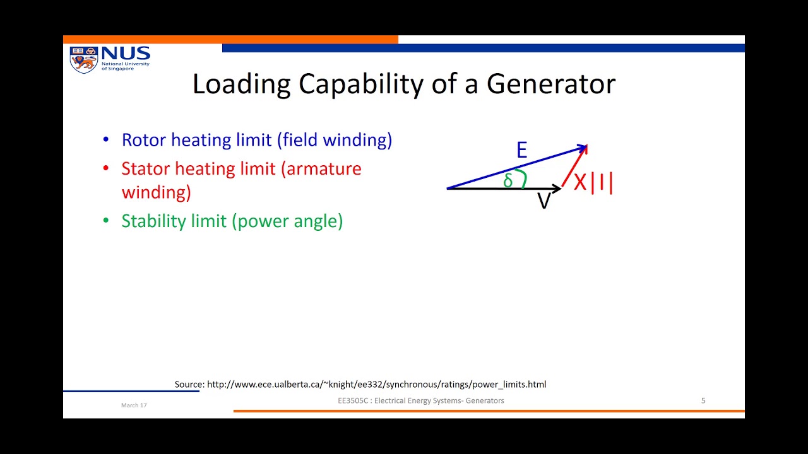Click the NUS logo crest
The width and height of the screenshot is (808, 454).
[83, 59]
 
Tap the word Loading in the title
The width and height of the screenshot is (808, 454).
[241, 84]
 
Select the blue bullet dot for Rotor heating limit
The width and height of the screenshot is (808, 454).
[106, 140]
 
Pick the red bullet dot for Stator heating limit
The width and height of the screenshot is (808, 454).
[106, 169]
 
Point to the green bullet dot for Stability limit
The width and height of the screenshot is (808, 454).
[106, 221]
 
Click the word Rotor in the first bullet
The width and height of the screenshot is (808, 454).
[144, 140]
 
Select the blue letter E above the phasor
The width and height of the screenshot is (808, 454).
[521, 150]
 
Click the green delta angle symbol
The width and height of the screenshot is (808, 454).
[508, 181]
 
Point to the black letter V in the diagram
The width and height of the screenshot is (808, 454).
[544, 201]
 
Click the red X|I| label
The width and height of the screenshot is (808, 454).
[593, 182]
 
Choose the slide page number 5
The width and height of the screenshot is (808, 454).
[703, 400]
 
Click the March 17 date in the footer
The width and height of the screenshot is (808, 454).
[134, 405]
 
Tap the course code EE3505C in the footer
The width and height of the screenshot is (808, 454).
[353, 400]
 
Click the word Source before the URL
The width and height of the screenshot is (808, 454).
[189, 384]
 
